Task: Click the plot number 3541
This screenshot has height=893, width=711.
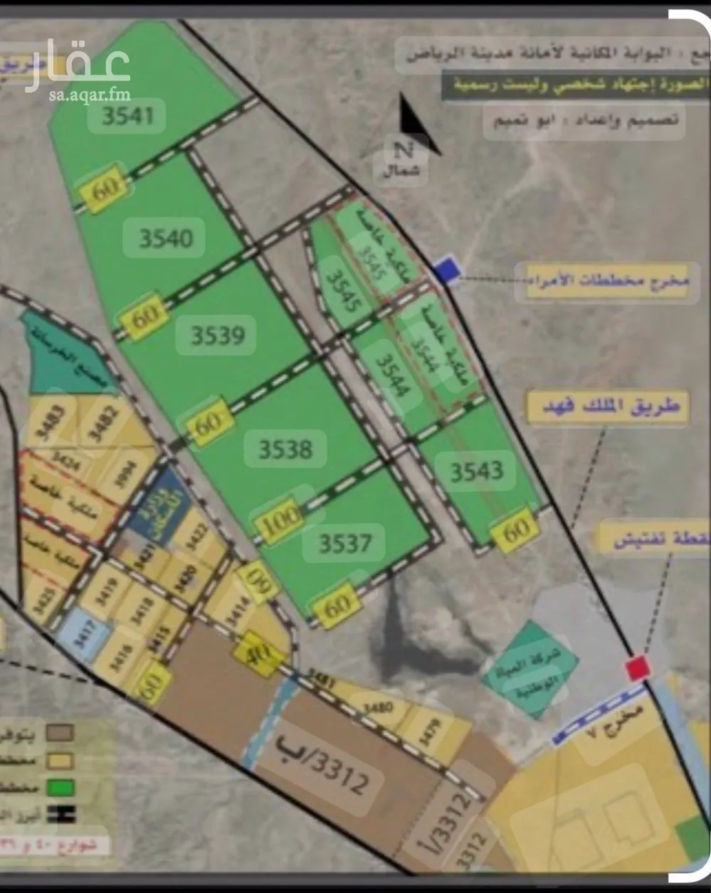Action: tap(127, 115)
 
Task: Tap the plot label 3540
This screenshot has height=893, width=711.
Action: tap(166, 238)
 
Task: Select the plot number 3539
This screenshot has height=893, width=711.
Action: tap(217, 334)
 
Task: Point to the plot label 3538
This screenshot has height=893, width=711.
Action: tap(285, 449)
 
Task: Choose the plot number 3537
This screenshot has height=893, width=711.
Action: tap(344, 544)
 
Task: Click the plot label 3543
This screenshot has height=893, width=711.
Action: tap(476, 470)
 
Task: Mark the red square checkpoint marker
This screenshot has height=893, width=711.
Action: tap(637, 668)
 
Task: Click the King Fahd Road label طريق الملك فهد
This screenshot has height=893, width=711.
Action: tap(606, 408)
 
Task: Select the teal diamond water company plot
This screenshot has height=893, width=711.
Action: tap(530, 669)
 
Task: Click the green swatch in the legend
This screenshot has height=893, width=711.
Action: tap(60, 788)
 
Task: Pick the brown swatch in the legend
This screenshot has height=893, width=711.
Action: tap(60, 733)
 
